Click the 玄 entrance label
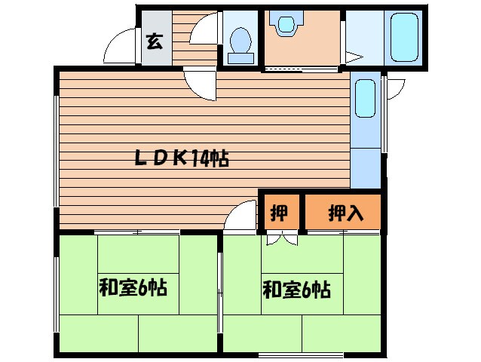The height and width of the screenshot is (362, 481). pyautogui.click(x=154, y=41)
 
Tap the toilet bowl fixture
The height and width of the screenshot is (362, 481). pyautogui.click(x=240, y=41)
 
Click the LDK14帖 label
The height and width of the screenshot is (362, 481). pyautogui.click(x=182, y=159)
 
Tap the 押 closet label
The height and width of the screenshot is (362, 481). pyautogui.click(x=279, y=213)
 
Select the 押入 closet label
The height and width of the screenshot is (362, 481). pyautogui.click(x=345, y=213)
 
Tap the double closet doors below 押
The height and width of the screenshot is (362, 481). pyautogui.click(x=281, y=238)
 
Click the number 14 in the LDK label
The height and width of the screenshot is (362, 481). pyautogui.click(x=201, y=159)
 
